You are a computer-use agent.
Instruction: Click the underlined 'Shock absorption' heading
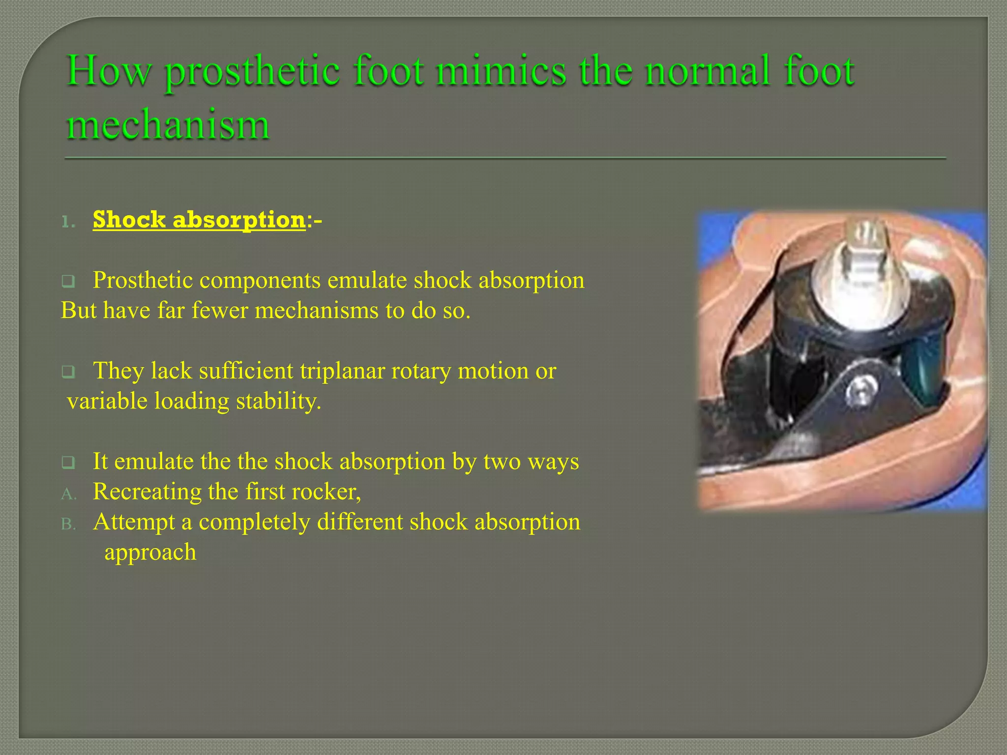pyautogui.click(x=199, y=219)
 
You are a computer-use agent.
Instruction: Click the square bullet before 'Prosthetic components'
pyautogui.click(x=68, y=282)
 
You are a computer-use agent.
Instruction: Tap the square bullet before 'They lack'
pyautogui.click(x=68, y=372)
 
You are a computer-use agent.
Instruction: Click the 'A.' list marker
pyautogui.click(x=69, y=494)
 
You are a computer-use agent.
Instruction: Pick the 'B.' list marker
pyautogui.click(x=69, y=524)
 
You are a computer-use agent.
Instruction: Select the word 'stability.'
pyautogui.click(x=278, y=401)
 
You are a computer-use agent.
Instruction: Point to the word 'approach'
pyautogui.click(x=150, y=552)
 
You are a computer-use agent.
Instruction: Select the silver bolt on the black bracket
pyautogui.click(x=859, y=391)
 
